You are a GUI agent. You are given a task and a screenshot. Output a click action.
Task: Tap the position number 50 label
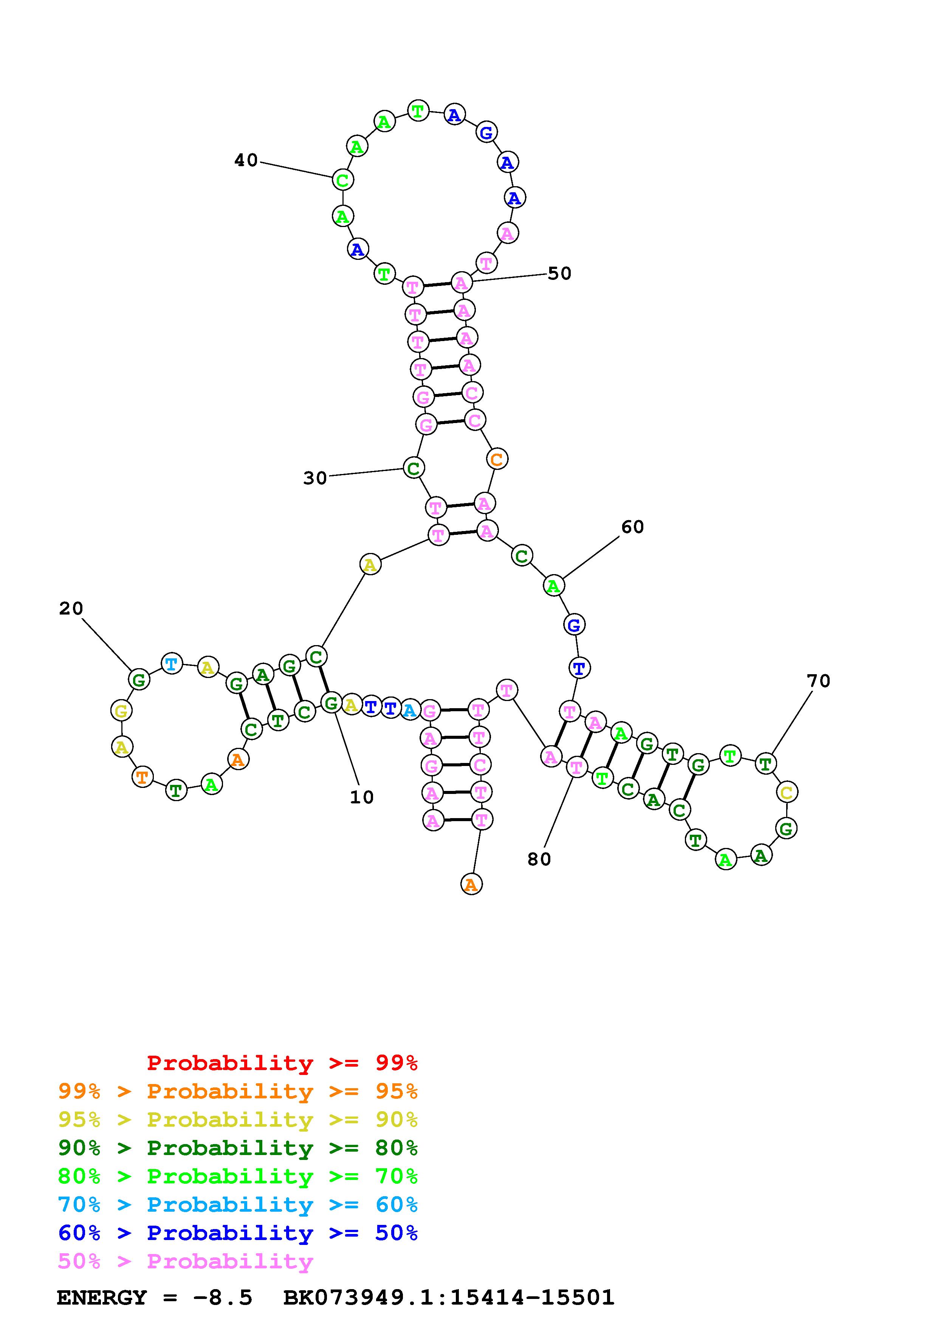coord(559,273)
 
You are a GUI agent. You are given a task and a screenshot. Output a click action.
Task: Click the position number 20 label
coord(71,608)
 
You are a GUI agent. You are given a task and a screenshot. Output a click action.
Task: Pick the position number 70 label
coord(818,681)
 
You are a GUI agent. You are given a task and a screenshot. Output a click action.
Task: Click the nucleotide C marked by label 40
coord(342,180)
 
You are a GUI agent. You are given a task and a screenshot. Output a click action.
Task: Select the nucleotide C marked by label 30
coord(413,468)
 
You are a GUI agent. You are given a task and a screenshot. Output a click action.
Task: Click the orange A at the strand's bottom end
coord(471,884)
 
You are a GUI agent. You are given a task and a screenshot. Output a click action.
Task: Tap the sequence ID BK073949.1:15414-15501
coord(449,1297)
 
